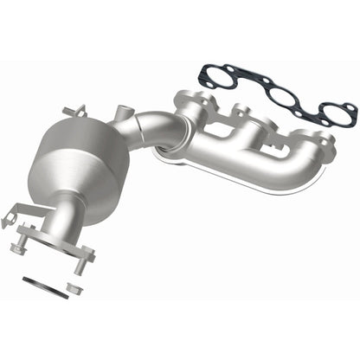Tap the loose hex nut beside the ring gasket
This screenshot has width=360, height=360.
tap(74, 286)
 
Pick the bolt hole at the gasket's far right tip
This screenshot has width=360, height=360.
tap(349, 107)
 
